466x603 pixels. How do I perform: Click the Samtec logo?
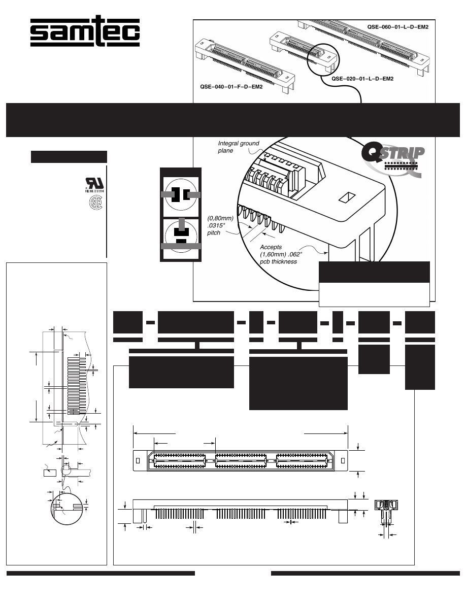coord(85,33)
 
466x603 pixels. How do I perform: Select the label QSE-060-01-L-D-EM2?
coord(398,26)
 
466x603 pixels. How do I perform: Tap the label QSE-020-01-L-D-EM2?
coord(362,79)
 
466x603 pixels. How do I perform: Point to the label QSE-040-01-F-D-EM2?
coord(230,87)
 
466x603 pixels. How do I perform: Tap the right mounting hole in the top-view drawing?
coord(343,460)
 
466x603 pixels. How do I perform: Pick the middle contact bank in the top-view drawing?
coord(240,461)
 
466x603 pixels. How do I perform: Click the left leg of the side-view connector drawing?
coord(137,516)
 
